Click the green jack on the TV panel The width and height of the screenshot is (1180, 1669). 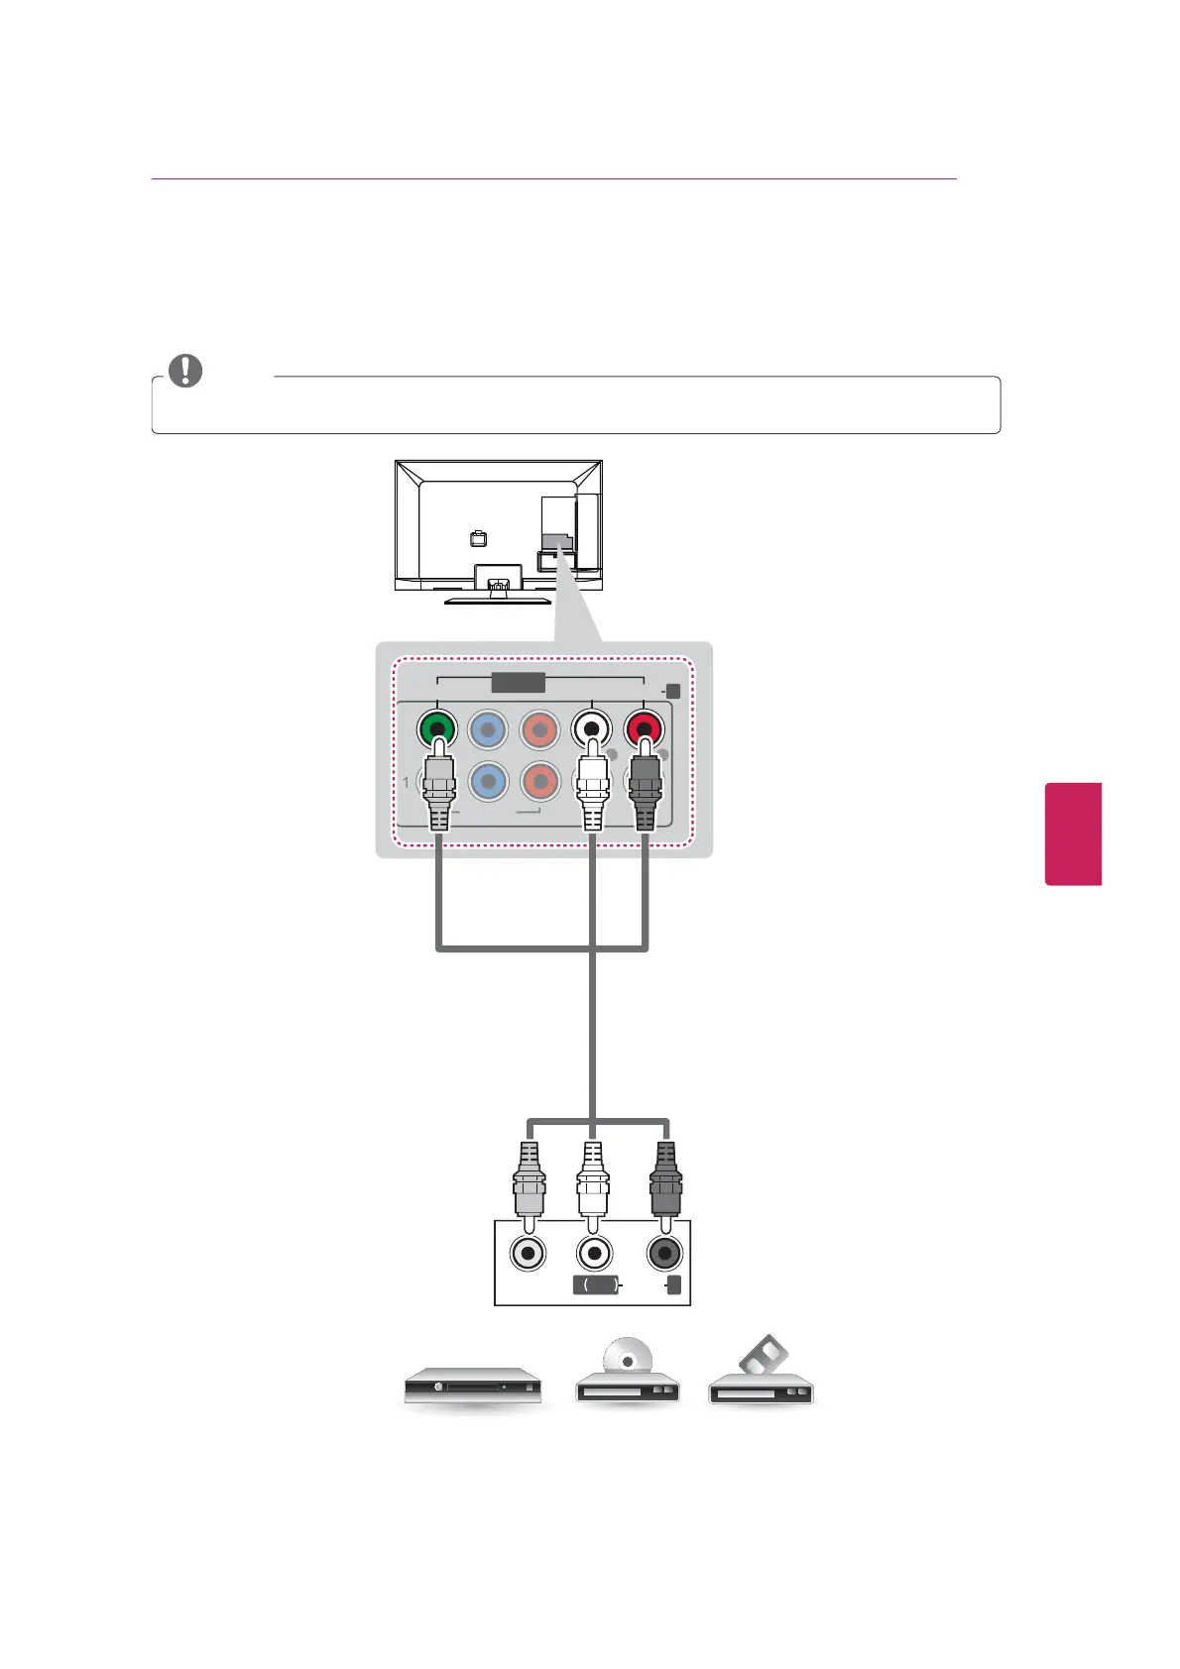point(436,730)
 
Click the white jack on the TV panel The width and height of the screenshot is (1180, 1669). point(592,730)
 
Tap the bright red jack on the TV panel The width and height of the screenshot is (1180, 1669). point(645,730)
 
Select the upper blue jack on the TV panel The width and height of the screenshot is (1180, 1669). point(489,730)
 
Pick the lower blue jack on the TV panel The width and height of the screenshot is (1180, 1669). point(489,781)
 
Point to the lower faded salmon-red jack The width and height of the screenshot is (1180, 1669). point(540,781)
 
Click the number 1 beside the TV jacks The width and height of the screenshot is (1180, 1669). point(406,782)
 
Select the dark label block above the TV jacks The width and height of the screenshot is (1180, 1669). point(519,683)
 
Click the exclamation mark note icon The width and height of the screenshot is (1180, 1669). point(185,371)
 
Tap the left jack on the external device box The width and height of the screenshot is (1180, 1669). point(529,1253)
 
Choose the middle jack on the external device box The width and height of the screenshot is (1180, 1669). point(594,1253)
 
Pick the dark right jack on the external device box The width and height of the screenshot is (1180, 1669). point(664,1253)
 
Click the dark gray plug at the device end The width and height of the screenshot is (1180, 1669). point(665,1179)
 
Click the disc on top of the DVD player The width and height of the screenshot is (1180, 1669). point(627,1353)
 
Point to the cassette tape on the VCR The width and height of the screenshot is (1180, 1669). point(764,1355)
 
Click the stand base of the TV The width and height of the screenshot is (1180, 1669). point(498,599)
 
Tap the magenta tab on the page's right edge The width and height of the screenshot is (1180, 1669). point(1073,833)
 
